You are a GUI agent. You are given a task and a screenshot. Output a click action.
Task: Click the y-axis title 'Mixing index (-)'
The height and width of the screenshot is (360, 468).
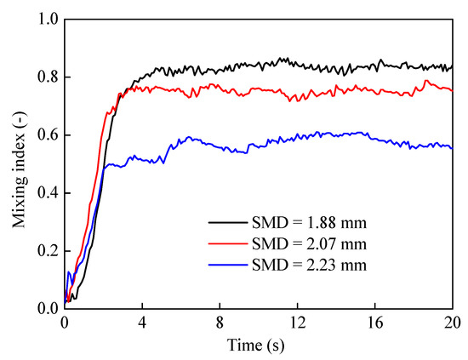pyautogui.click(x=17, y=163)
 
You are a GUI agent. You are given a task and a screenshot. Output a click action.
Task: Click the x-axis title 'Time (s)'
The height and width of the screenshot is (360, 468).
pyautogui.click(x=259, y=346)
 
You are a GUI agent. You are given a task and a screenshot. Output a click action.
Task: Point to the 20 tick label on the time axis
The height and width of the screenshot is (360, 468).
pyautogui.click(x=452, y=323)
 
